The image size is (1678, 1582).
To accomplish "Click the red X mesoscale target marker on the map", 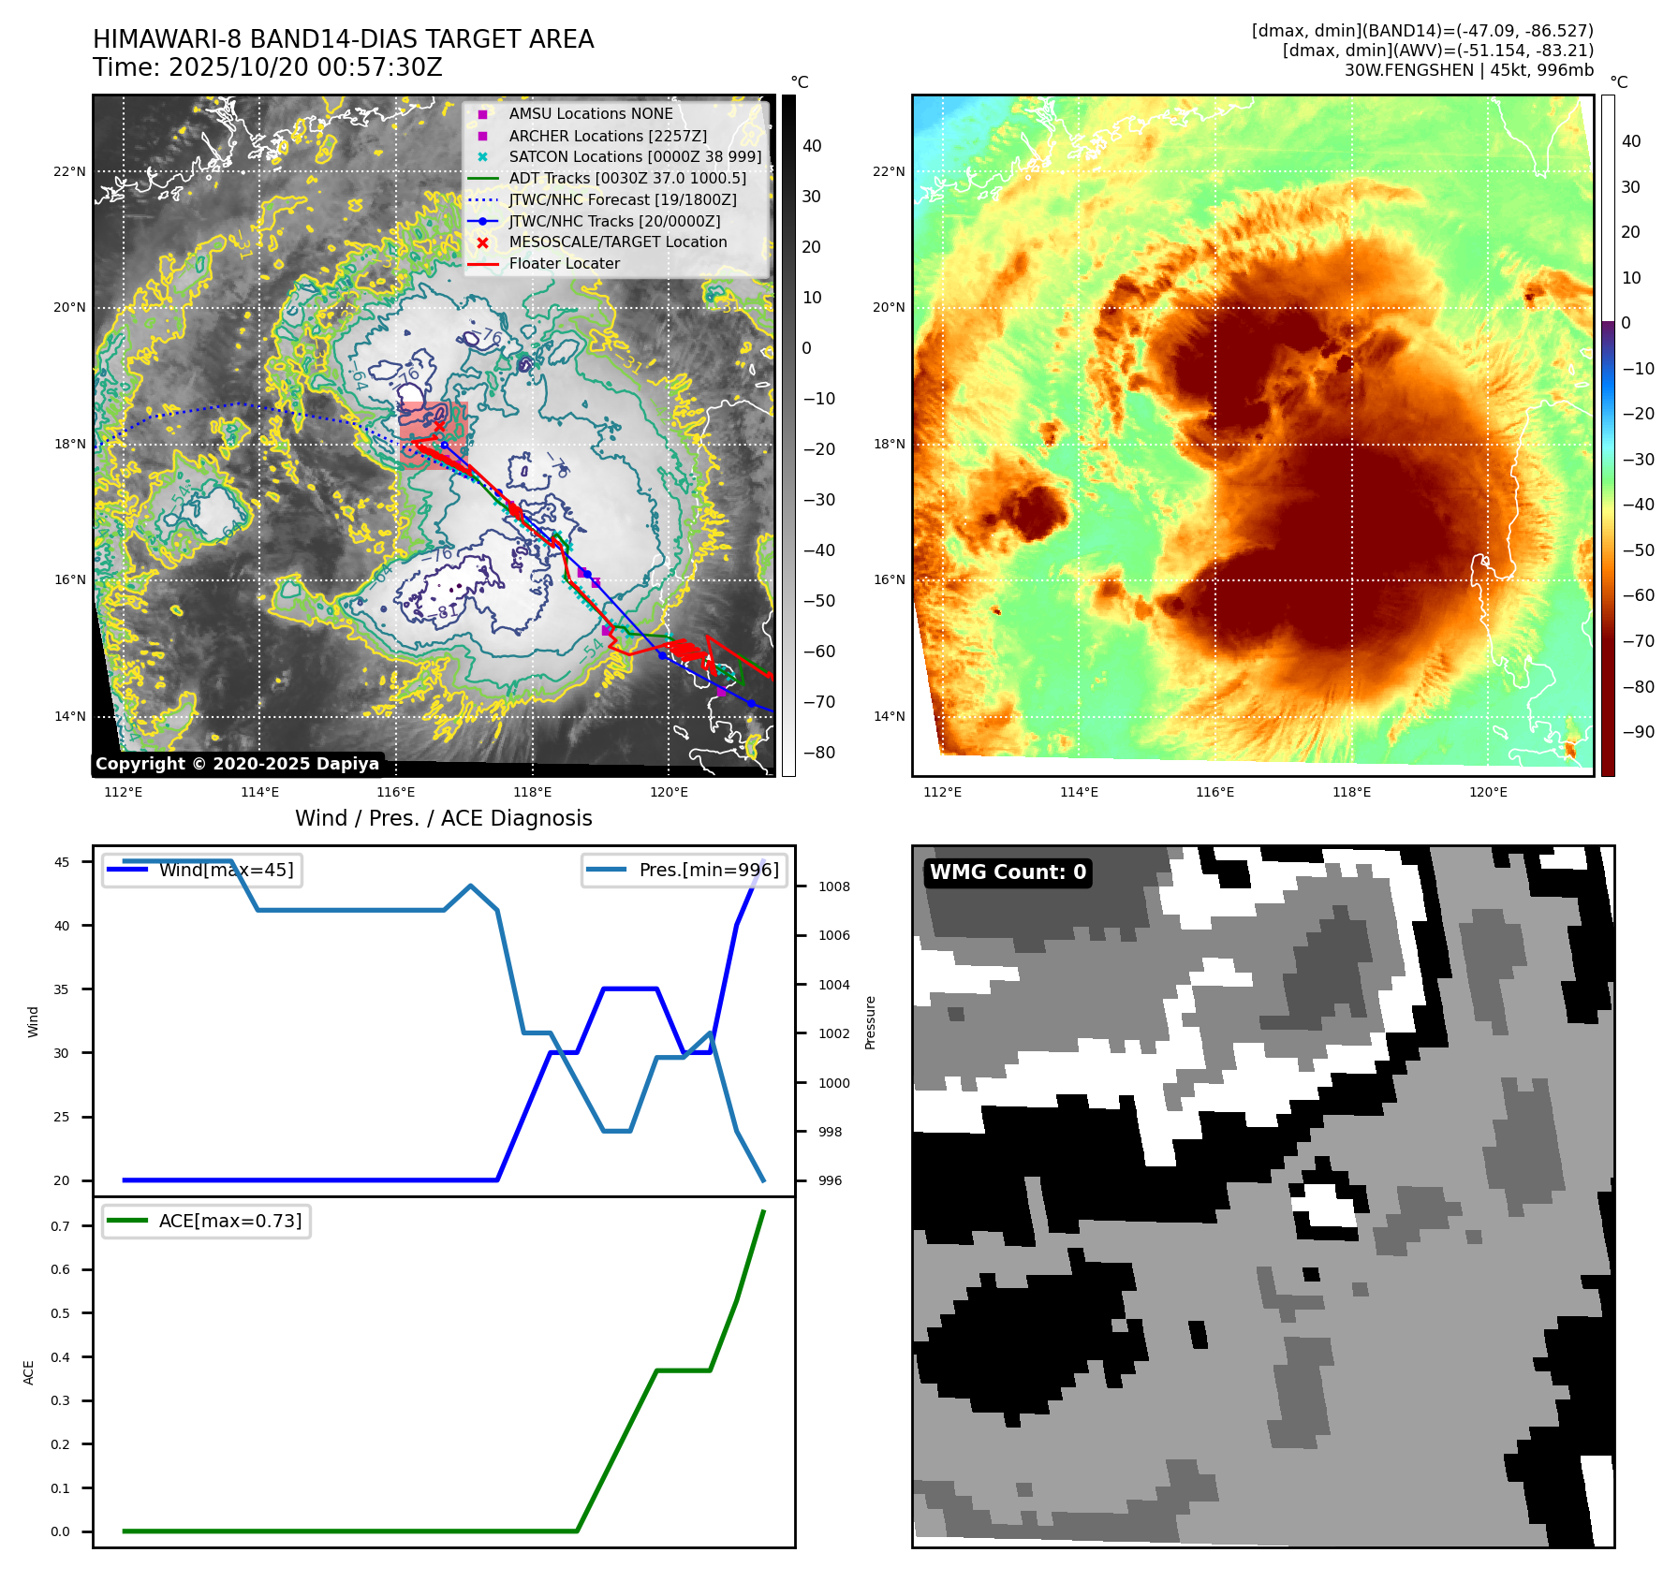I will coord(439,426).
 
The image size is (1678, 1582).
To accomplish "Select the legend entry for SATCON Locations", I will coord(635,157).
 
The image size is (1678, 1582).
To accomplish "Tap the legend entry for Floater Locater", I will coord(564,264).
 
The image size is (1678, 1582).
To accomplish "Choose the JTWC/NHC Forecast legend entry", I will coord(622,200).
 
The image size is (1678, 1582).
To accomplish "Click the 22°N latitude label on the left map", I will coord(69,171).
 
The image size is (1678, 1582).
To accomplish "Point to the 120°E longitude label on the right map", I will coord(1488,793).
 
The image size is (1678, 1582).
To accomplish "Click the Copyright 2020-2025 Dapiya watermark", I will coord(237,764).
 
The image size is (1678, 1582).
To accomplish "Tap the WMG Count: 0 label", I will coord(1008,872).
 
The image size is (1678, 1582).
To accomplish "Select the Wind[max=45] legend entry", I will coord(226,871).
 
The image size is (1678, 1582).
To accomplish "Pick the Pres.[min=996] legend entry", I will coord(708,871).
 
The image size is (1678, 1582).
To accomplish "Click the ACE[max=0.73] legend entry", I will coord(230,1222).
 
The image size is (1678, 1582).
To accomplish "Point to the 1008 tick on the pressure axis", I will coord(833,887).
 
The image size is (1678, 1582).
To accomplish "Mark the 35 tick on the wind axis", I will coord(62,989).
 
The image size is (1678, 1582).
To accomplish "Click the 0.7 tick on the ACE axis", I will coord(60,1226).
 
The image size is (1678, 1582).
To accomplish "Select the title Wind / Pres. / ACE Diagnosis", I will coord(443,819).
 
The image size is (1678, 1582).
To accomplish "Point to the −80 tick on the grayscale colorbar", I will coord(818,753).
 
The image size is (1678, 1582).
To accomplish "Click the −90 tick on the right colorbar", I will coord(1638,732).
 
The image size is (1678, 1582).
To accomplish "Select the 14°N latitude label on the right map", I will coord(889,717).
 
